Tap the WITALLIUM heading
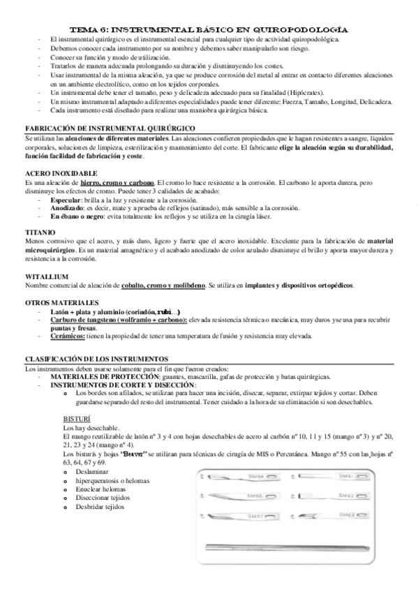click(46, 277)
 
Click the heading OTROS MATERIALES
click(60, 302)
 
